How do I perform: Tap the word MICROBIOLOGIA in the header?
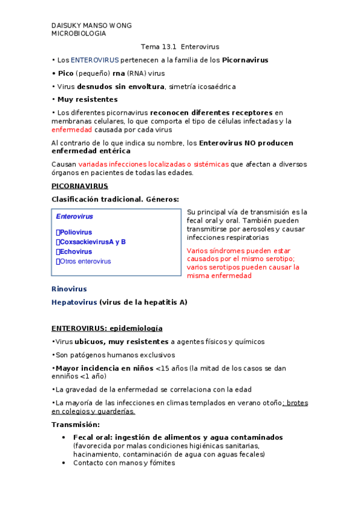[79, 34]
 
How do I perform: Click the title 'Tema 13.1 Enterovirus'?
[180, 46]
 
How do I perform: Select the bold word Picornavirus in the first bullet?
[245, 60]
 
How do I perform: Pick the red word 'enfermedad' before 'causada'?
[72, 129]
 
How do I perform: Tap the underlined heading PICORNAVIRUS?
[79, 186]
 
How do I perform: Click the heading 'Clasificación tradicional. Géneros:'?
[115, 199]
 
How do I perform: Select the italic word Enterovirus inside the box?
[75, 217]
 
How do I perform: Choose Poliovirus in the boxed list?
[76, 232]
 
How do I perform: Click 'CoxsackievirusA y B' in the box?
[93, 242]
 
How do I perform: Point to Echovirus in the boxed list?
[76, 251]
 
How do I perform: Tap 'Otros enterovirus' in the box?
[85, 261]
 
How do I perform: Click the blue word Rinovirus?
[69, 289]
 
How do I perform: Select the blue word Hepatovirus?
[74, 303]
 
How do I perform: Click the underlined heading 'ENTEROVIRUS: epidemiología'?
[107, 328]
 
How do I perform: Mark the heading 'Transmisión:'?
[75, 425]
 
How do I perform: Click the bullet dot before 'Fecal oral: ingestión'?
[64, 437]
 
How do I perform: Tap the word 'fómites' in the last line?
[161, 463]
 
